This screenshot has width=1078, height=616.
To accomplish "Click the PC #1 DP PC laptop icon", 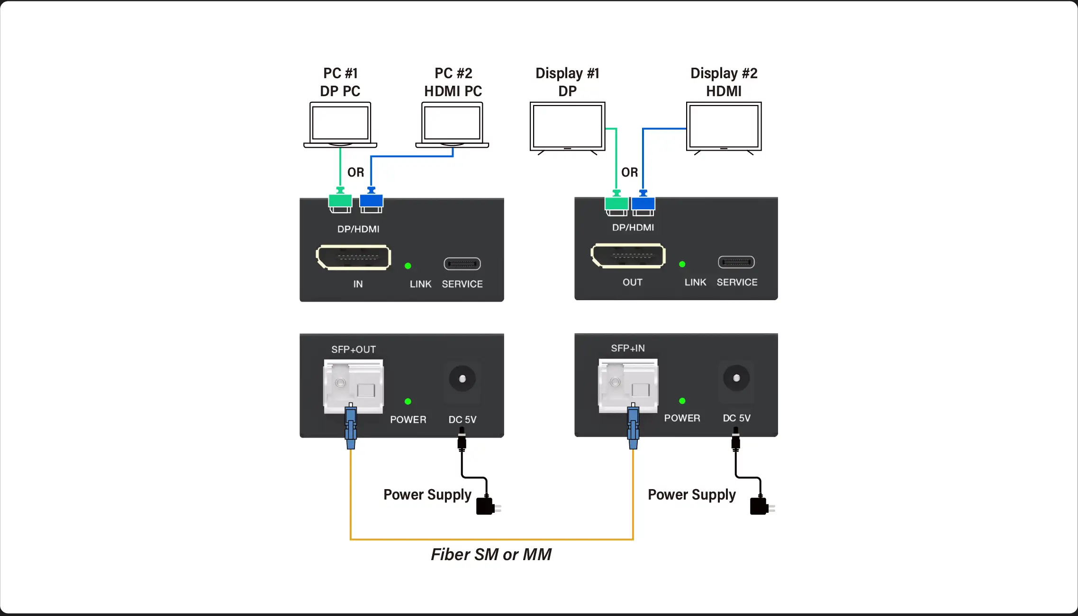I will click(x=340, y=125).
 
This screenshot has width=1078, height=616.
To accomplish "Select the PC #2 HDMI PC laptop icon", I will click(x=452, y=125).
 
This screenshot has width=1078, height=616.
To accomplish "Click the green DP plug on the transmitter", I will click(x=340, y=201).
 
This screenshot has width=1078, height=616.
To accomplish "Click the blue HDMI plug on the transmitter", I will click(x=371, y=201).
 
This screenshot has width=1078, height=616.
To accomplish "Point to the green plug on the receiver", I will click(x=616, y=204).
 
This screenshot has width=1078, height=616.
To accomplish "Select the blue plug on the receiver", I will click(x=643, y=204).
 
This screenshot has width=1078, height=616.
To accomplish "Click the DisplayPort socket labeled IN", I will click(x=353, y=257).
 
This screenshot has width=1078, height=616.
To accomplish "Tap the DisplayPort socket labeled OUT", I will click(x=628, y=256).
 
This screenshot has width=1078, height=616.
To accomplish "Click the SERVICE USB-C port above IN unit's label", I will click(x=462, y=264).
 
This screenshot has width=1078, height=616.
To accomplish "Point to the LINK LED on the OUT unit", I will click(x=682, y=264).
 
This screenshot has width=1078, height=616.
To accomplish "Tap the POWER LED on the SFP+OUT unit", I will click(x=408, y=402).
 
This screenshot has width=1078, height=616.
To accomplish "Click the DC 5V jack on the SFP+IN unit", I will click(x=736, y=378).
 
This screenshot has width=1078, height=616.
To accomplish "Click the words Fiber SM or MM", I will click(x=491, y=554).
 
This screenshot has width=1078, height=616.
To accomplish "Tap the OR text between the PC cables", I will click(x=356, y=172).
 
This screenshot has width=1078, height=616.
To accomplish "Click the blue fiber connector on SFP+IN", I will click(x=633, y=426).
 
